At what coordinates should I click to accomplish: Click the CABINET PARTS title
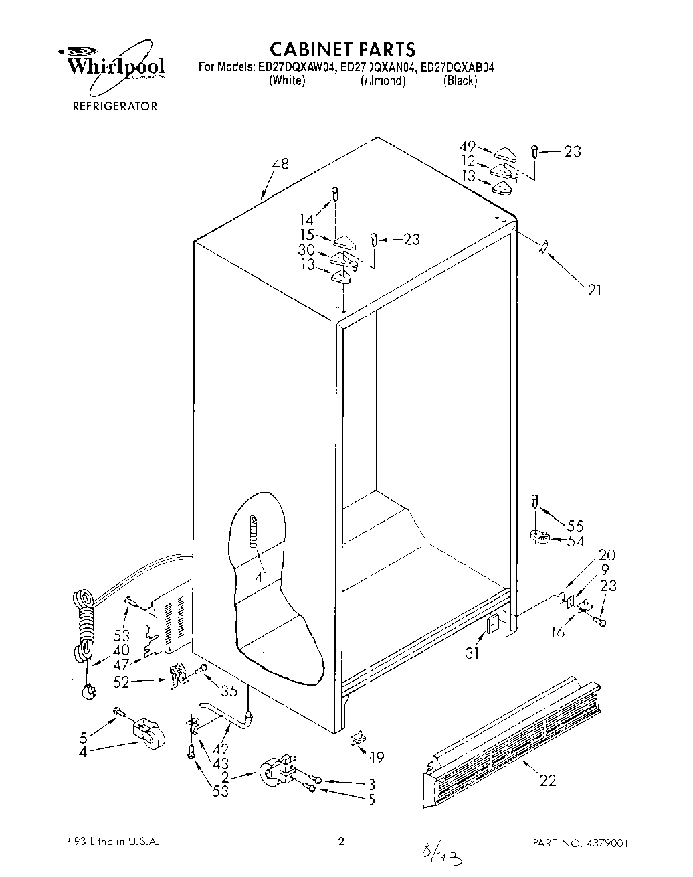point(342,49)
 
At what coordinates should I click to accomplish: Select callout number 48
point(280,163)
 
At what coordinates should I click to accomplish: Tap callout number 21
point(595,290)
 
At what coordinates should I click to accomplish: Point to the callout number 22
point(547,780)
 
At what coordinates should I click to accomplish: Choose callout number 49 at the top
point(467,147)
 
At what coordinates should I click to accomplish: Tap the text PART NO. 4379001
point(580,842)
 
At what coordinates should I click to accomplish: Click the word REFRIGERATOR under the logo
point(115,106)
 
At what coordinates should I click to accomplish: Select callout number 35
point(229,691)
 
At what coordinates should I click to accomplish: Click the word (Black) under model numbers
point(460,81)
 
